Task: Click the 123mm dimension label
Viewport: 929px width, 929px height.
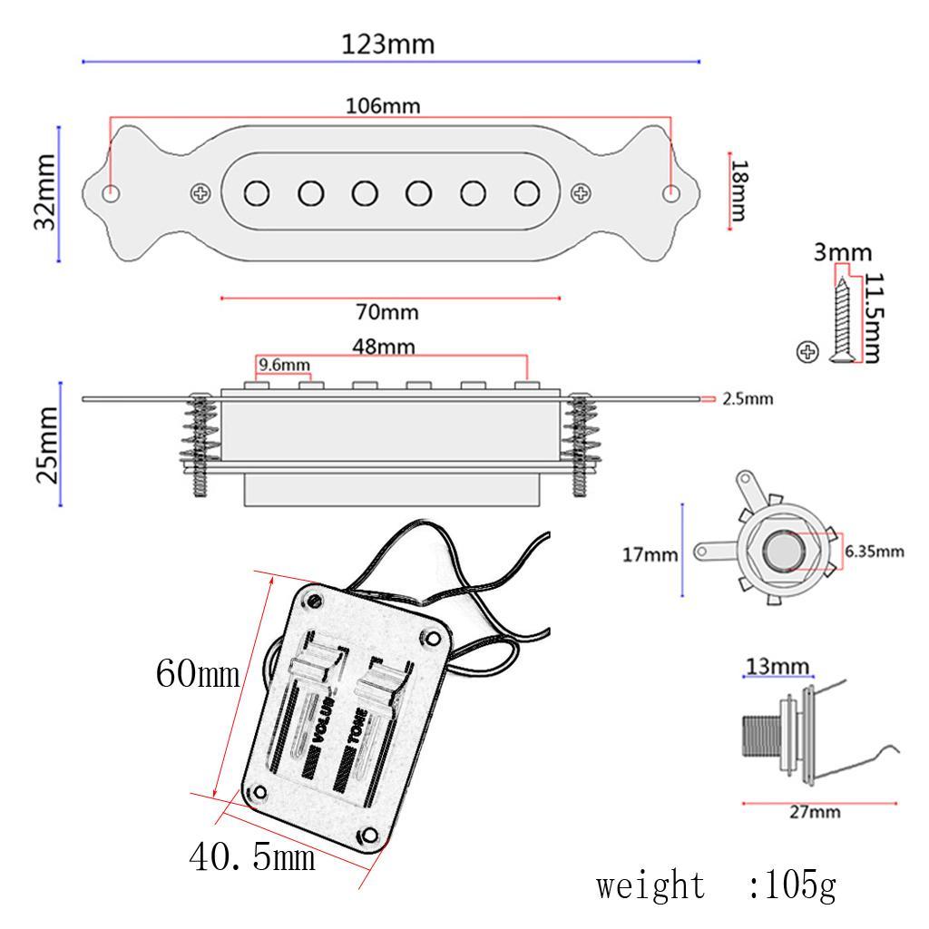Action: [387, 44]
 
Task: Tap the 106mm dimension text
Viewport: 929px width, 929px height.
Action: [383, 105]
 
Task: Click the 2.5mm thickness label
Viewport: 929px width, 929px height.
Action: [748, 398]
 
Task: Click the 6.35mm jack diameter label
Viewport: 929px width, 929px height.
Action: [875, 551]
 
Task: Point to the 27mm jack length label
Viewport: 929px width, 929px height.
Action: [813, 813]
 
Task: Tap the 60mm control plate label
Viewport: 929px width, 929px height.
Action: [197, 674]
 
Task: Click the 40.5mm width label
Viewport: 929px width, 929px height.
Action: [252, 855]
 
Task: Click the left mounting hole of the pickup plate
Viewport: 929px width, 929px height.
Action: [111, 192]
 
